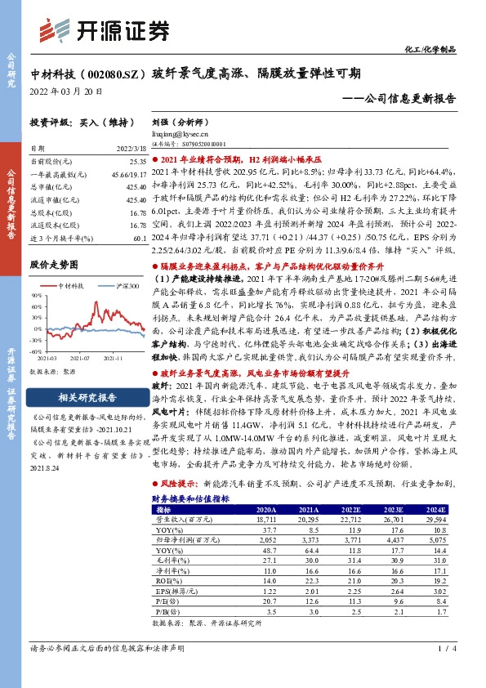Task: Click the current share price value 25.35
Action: pyautogui.click(x=136, y=163)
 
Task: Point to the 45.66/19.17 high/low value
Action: pyautogui.click(x=129, y=175)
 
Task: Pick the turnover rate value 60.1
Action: pyautogui.click(x=138, y=235)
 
